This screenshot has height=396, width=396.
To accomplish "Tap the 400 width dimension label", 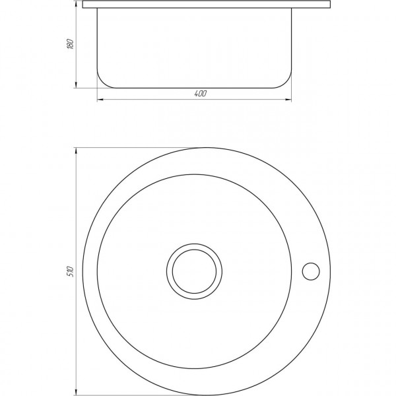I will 200,93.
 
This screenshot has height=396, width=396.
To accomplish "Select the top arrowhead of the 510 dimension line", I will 77,150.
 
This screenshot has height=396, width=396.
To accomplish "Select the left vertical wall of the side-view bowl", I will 98,40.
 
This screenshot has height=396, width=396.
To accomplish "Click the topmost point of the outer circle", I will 205,147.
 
